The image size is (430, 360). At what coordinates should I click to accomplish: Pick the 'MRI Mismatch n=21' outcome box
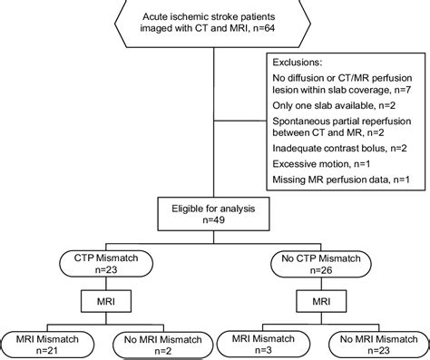(x=51, y=343)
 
